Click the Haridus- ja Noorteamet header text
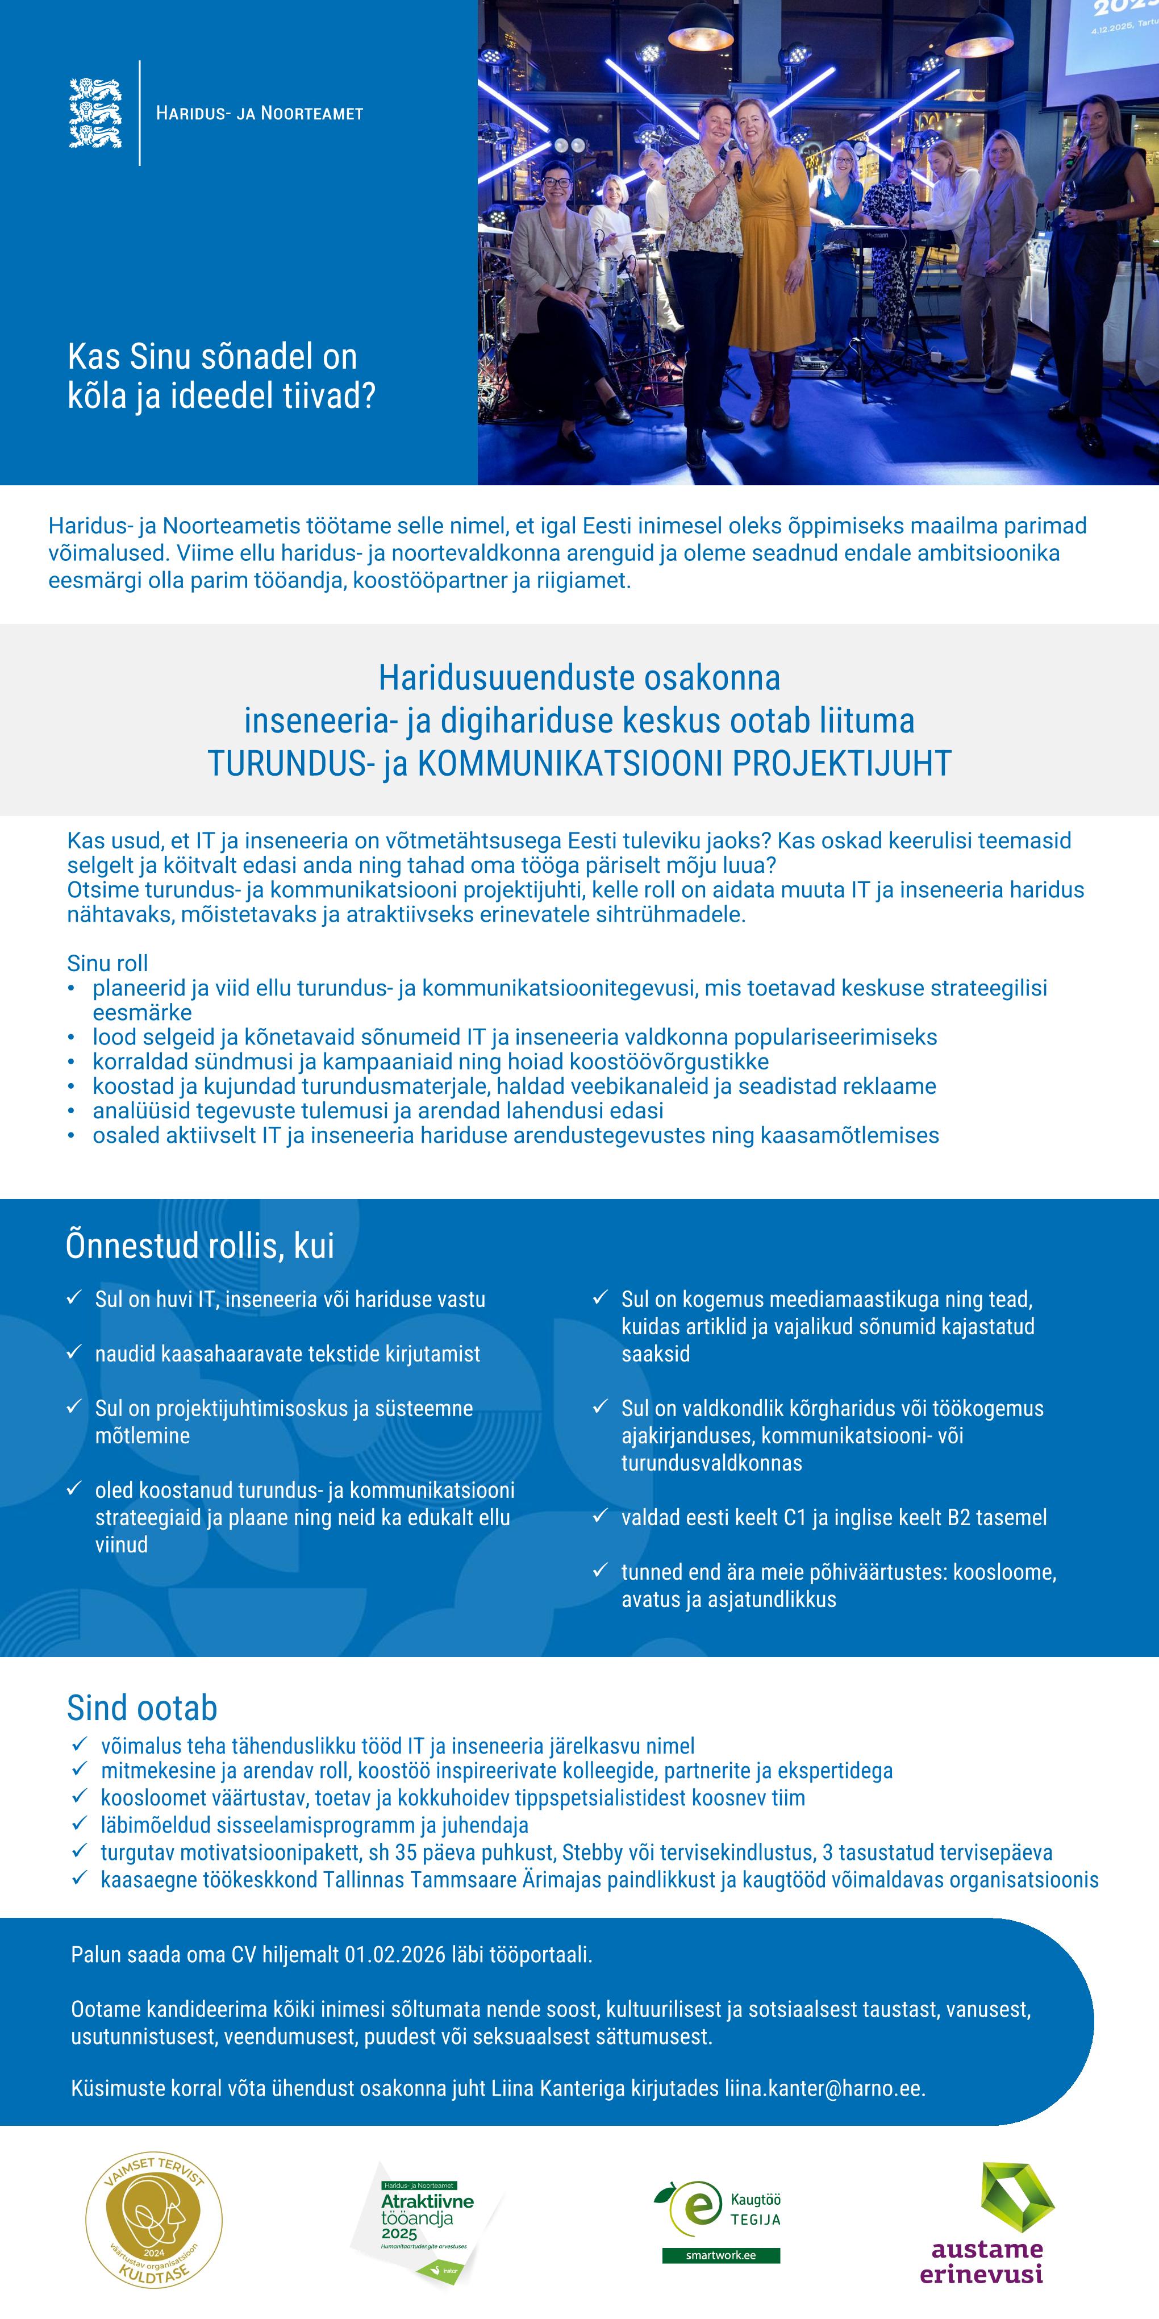[259, 114]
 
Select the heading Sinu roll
[107, 963]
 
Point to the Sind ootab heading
[142, 1708]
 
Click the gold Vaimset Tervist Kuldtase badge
[154, 2220]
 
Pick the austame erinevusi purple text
[987, 2262]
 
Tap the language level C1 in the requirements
[795, 1518]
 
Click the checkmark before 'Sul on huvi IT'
[74, 1298]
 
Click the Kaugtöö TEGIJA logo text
[755, 2210]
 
